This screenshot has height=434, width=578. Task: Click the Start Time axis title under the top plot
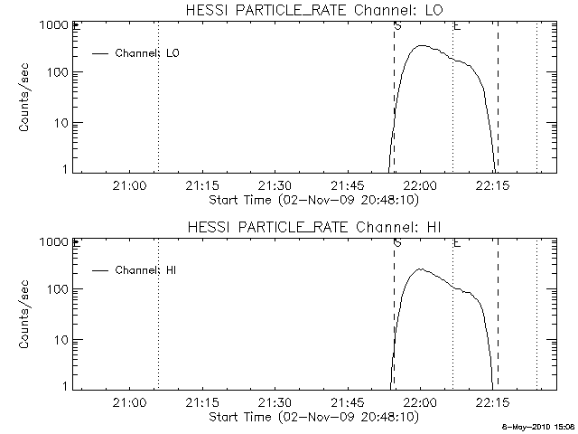pos(312,200)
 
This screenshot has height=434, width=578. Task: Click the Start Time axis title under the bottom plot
pos(312,417)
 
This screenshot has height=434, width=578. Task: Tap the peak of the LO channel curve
pos(422,46)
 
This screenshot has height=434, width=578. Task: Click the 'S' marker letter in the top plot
pos(397,26)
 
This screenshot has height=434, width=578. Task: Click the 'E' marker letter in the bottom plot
pos(456,243)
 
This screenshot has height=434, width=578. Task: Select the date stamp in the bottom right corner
pos(539,427)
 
